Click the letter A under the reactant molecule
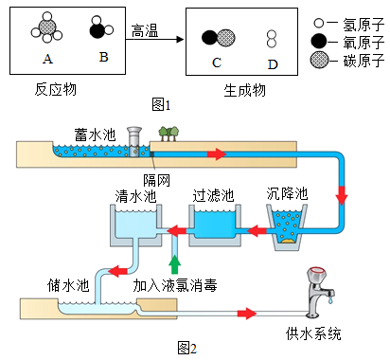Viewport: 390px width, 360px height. click(x=47, y=59)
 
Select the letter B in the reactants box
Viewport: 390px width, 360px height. click(x=103, y=57)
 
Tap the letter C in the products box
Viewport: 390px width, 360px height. click(x=217, y=63)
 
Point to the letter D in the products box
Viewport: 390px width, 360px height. click(x=273, y=64)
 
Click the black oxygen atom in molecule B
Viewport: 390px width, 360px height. click(x=97, y=31)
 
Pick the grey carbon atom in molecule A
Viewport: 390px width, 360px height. click(x=47, y=27)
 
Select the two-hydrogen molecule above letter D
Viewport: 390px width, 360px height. click(x=272, y=39)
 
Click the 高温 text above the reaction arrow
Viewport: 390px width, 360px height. click(x=145, y=31)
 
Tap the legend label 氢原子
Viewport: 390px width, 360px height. click(x=363, y=24)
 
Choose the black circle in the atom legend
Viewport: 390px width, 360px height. click(x=319, y=41)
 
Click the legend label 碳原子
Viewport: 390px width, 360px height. click(x=363, y=60)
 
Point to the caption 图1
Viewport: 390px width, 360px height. click(x=161, y=104)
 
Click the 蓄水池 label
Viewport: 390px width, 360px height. click(x=96, y=135)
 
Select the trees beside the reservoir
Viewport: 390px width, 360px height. click(x=168, y=134)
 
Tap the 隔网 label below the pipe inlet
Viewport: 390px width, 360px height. click(x=157, y=180)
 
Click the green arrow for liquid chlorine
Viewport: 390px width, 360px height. click(x=174, y=264)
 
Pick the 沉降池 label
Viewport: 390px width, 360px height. click(x=287, y=193)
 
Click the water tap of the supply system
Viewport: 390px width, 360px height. click(x=320, y=292)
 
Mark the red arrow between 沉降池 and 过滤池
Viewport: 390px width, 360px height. click(x=257, y=231)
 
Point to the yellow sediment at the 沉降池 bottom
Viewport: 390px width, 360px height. click(x=287, y=241)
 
